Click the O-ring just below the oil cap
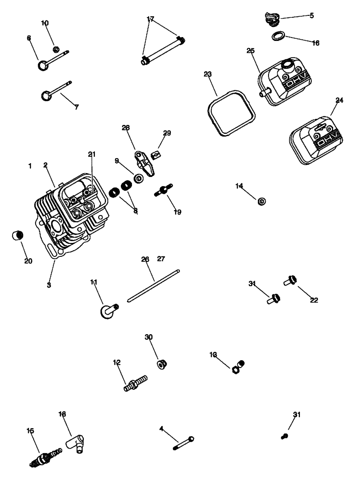pos(278,36)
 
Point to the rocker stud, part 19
pos(164,190)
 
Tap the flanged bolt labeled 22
pos(291,280)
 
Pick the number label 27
pos(161,259)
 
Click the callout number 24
pos(339,100)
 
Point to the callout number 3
pos(49,285)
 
